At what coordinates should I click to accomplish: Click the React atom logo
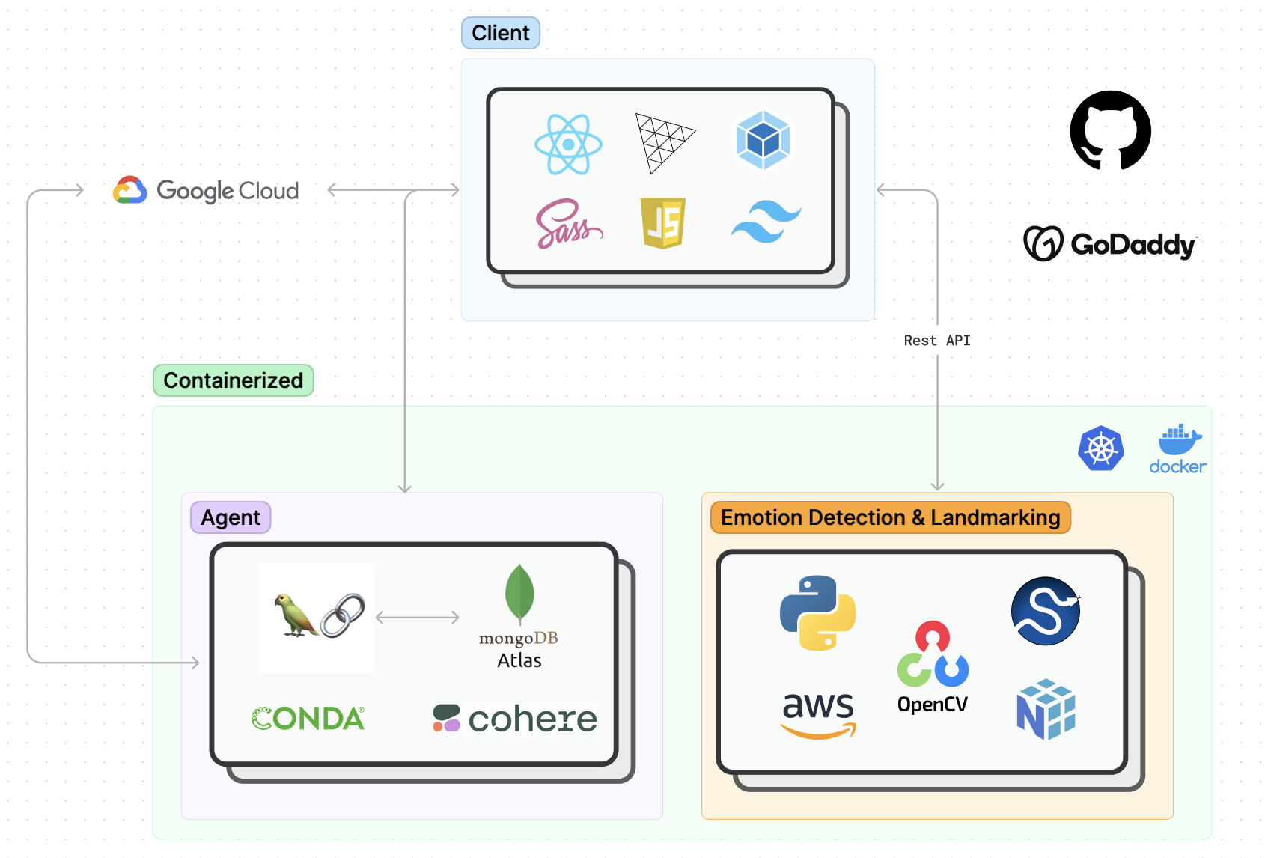coord(568,144)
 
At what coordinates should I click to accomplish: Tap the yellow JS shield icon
coord(663,222)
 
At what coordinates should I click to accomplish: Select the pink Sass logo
coord(568,224)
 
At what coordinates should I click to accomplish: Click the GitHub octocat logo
coord(1110,130)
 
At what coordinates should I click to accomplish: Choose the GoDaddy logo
coord(1110,243)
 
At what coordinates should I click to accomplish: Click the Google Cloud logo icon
coord(130,190)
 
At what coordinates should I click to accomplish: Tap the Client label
coord(500,33)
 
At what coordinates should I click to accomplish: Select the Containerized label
coord(233,380)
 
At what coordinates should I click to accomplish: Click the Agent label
coord(231,517)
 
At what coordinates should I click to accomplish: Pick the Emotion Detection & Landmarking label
coord(890,517)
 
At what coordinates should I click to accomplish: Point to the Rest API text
coord(936,341)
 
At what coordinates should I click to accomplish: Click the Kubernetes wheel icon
coord(1100,448)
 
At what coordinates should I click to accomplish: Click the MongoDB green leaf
coord(519,594)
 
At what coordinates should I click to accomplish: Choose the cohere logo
coord(515,719)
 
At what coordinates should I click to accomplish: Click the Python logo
coord(817,612)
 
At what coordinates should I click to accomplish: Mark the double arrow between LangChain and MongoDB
coord(417,618)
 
